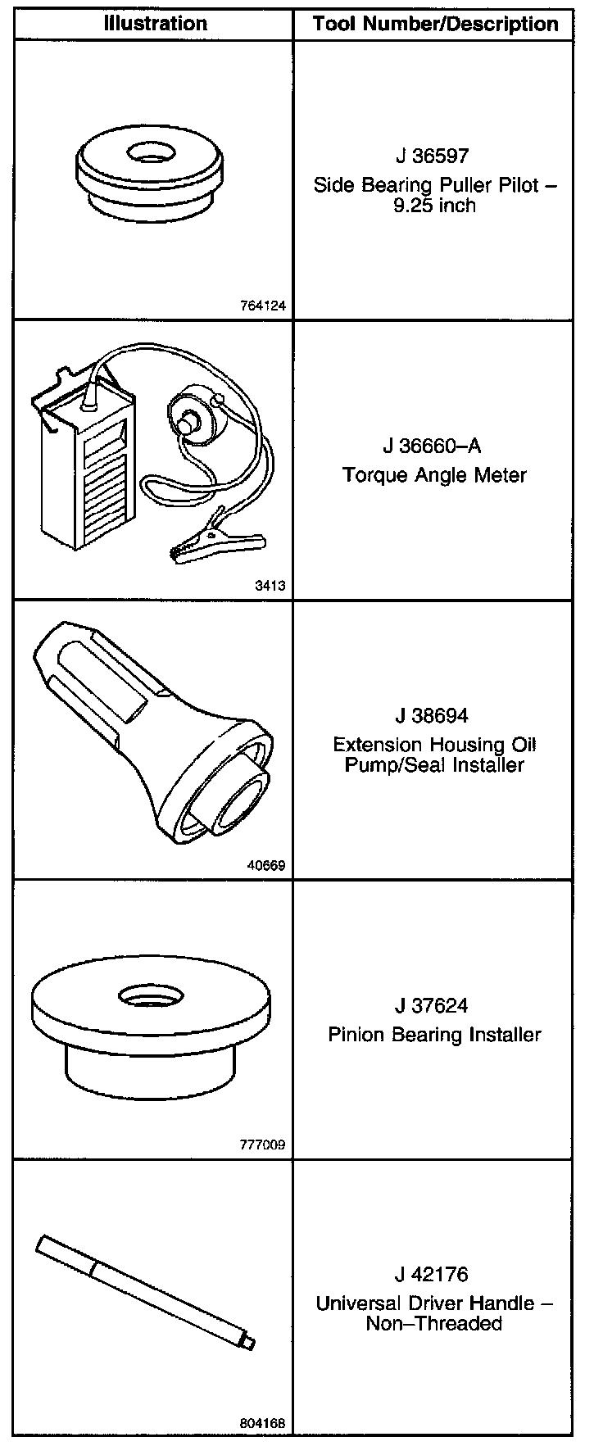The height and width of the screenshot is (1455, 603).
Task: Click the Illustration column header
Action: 155,24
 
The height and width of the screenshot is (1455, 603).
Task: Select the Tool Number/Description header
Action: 435,25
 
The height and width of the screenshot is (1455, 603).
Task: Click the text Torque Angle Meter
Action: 434,475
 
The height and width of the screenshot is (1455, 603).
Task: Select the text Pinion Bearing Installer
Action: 434,1034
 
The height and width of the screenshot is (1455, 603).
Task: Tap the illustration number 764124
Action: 263,306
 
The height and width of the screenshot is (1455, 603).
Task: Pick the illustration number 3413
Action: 270,586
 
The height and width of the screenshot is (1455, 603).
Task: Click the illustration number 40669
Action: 265,865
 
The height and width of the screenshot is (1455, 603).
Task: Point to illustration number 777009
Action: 263,1145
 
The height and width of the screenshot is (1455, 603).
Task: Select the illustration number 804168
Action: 263,1424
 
